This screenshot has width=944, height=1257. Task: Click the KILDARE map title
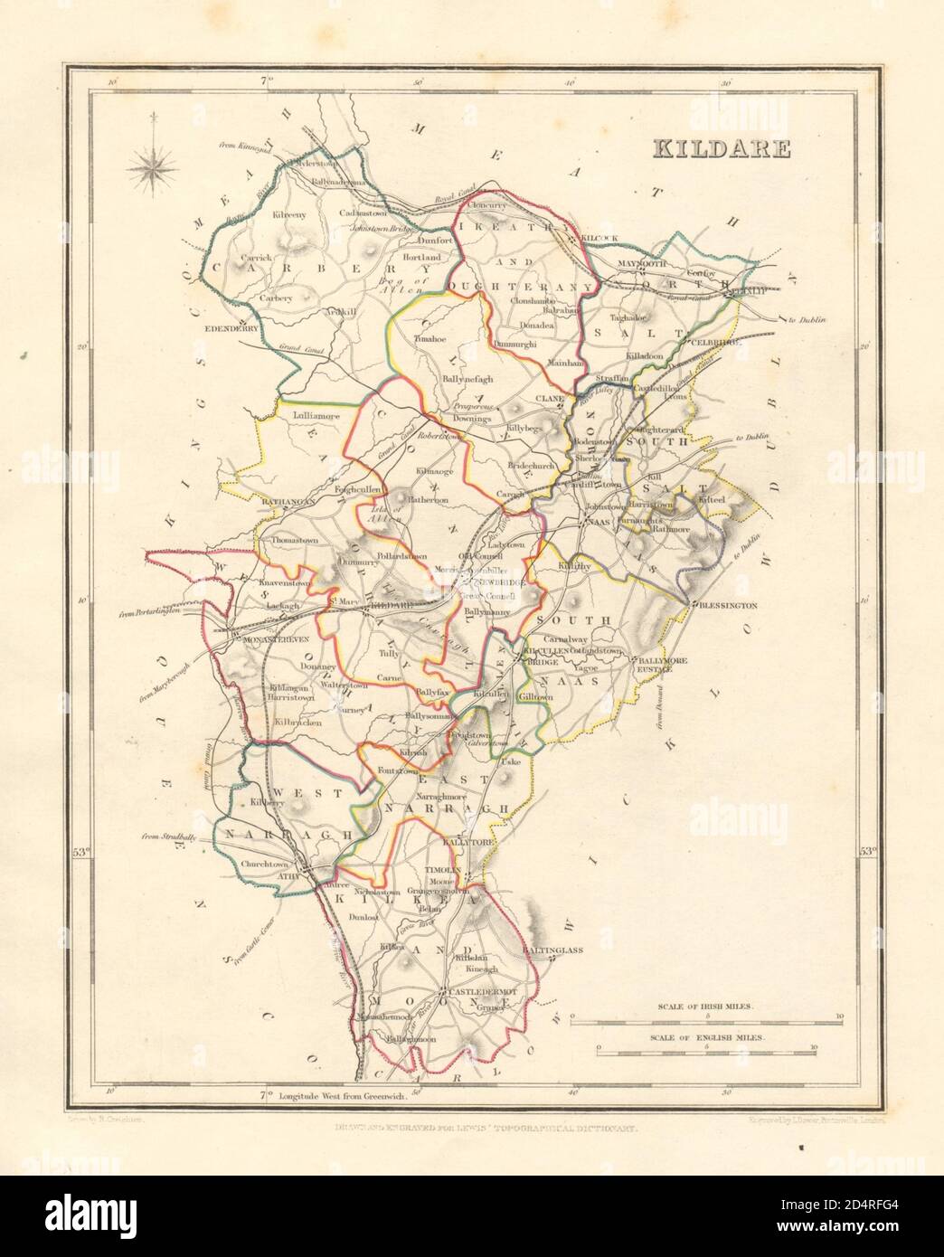pyautogui.click(x=718, y=148)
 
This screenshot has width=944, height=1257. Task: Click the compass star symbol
pyautogui.click(x=154, y=165)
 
